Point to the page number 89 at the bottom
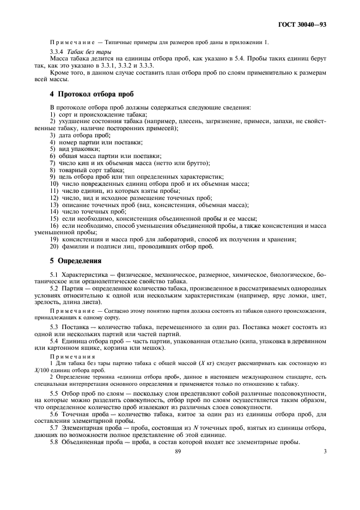(178, 451)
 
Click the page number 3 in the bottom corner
(325, 451)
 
